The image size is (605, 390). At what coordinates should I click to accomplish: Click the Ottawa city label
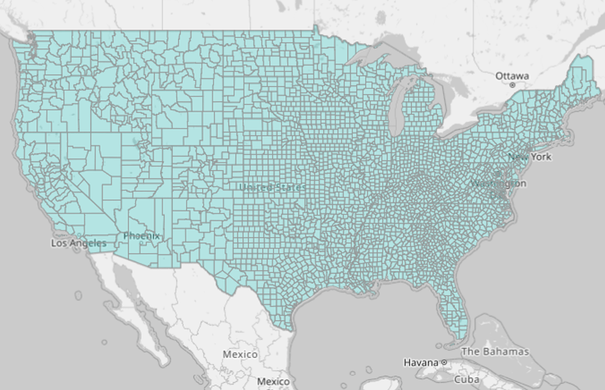click(512, 76)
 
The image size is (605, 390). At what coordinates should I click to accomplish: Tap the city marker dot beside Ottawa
click(512, 85)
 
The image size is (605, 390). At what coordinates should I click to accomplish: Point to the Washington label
click(498, 184)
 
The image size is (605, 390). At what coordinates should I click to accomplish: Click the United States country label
click(273, 187)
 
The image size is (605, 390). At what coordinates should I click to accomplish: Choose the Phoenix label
click(141, 235)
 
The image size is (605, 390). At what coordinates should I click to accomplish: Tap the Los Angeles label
click(79, 243)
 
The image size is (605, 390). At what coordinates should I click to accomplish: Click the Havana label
click(421, 363)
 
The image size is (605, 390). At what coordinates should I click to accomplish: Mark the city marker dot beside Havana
click(444, 363)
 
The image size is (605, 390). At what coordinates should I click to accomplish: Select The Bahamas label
click(495, 351)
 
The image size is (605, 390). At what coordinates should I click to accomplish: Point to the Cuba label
click(467, 379)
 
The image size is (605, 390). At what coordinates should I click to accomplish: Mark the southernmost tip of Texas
click(290, 330)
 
